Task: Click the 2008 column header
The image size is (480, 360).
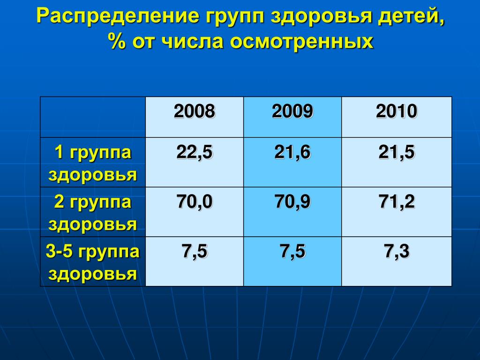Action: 195,111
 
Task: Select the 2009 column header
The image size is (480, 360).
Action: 292,111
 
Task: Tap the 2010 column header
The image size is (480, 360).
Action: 397,111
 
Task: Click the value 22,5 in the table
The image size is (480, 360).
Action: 195,152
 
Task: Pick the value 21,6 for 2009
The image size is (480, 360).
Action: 292,152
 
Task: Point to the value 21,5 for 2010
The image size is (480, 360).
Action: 397,152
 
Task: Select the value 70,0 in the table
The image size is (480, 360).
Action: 195,202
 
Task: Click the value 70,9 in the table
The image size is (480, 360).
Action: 292,202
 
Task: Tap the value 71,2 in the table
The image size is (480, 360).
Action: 397,202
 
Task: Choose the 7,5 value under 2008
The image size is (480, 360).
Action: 195,251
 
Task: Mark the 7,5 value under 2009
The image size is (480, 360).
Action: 292,251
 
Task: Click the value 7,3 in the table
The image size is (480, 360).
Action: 397,251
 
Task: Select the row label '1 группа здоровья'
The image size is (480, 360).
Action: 93,164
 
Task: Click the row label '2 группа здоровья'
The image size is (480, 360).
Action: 93,213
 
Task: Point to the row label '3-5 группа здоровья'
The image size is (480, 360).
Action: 93,262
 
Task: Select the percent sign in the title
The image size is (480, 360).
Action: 117,41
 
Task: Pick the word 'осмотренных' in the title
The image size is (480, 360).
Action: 301,42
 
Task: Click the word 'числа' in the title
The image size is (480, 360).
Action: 192,42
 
